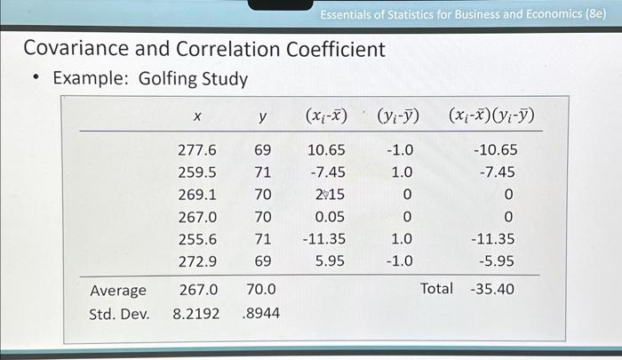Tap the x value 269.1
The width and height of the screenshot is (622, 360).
pos(198,195)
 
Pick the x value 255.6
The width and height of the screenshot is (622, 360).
pos(198,239)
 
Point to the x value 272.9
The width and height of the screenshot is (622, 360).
pos(198,261)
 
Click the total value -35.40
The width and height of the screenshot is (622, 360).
pos(493,289)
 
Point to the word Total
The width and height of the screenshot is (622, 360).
pos(436,289)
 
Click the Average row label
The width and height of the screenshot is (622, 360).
pos(118,291)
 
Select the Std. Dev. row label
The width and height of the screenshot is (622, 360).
pos(119,314)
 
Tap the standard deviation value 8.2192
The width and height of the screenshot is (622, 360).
pos(197,314)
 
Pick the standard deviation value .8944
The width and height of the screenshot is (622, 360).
pos(259,314)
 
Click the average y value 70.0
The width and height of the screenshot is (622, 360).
pos(260,291)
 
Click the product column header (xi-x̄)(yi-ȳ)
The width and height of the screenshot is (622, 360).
pos(491,116)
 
